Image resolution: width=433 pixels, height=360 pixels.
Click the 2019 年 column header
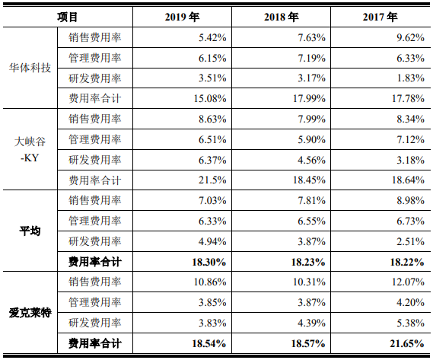pyautogui.click(x=182, y=18)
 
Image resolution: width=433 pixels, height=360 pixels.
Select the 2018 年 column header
pyautogui.click(x=281, y=18)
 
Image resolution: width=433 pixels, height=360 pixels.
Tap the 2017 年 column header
pyautogui.click(x=380, y=18)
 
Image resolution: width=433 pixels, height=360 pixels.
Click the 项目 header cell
pyautogui.click(x=68, y=18)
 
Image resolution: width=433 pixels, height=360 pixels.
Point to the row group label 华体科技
pyautogui.click(x=30, y=68)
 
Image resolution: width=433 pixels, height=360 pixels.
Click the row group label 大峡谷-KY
pyautogui.click(x=30, y=150)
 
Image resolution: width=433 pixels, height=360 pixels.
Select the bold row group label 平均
pyautogui.click(x=30, y=231)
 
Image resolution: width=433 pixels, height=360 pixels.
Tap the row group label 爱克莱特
pyautogui.click(x=30, y=313)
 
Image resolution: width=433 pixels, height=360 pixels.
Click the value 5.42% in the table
pyautogui.click(x=212, y=37)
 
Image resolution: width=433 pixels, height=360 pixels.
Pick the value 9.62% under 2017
pyautogui.click(x=411, y=37)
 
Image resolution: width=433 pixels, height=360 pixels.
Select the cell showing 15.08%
pyautogui.click(x=210, y=99)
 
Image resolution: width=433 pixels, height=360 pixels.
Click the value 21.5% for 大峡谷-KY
pyautogui.click(x=212, y=180)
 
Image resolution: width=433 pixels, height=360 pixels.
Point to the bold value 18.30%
pyautogui.click(x=209, y=262)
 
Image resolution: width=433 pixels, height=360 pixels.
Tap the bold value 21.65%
pyautogui.click(x=407, y=344)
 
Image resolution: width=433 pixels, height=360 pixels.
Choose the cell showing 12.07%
pyautogui.click(x=408, y=282)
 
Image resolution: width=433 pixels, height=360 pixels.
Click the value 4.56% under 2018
pyautogui.click(x=311, y=160)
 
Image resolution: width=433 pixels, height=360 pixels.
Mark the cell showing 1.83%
pyautogui.click(x=411, y=78)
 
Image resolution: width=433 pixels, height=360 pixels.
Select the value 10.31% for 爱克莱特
pyautogui.click(x=309, y=282)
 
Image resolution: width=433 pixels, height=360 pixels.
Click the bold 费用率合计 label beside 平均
pyautogui.click(x=95, y=262)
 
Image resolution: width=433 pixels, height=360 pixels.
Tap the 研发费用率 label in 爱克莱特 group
pyautogui.click(x=95, y=323)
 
